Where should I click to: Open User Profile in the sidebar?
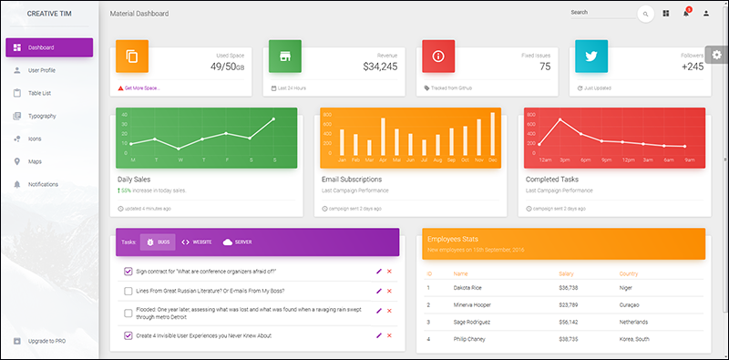(x=41, y=70)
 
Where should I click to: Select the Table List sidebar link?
(x=39, y=93)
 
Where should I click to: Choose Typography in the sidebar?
(x=42, y=116)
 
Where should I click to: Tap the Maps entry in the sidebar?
(x=35, y=161)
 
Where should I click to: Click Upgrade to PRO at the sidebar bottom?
(x=46, y=341)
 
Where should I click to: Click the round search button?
(x=645, y=14)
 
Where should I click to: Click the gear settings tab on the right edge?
(x=717, y=55)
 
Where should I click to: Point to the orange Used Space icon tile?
(x=132, y=57)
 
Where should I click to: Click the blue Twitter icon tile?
(x=590, y=57)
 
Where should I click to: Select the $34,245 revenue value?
(x=380, y=67)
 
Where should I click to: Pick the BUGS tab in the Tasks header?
(x=159, y=242)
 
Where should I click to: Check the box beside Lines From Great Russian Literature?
(x=128, y=292)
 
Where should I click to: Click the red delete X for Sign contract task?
(x=389, y=271)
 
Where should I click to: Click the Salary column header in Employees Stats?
(x=566, y=273)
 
